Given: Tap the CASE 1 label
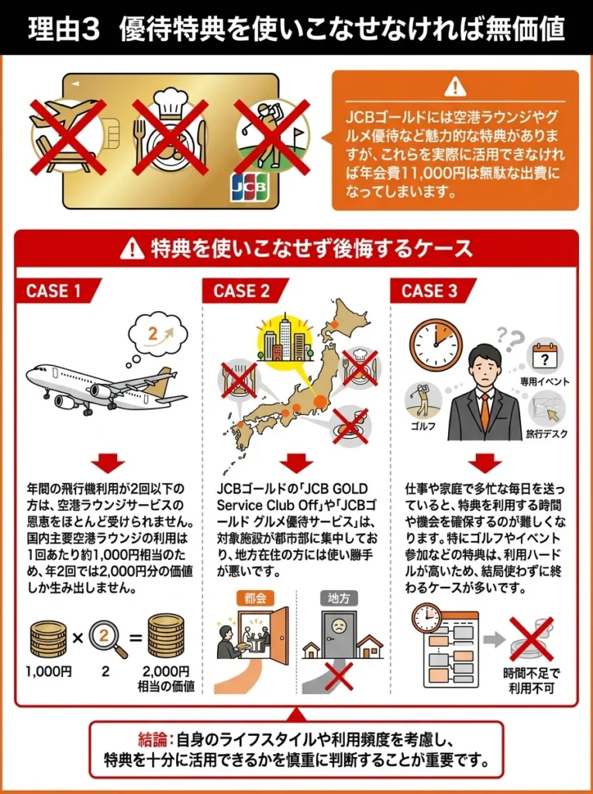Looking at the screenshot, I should (x=53, y=291).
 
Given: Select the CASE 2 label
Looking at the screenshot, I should (x=242, y=291).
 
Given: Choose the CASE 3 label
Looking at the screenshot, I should (x=429, y=291).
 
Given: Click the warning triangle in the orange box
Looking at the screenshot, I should (x=456, y=87).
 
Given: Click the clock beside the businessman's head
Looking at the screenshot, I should (x=436, y=343).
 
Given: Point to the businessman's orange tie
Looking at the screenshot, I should (x=484, y=410).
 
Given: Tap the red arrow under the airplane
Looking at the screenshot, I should (x=107, y=463).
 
